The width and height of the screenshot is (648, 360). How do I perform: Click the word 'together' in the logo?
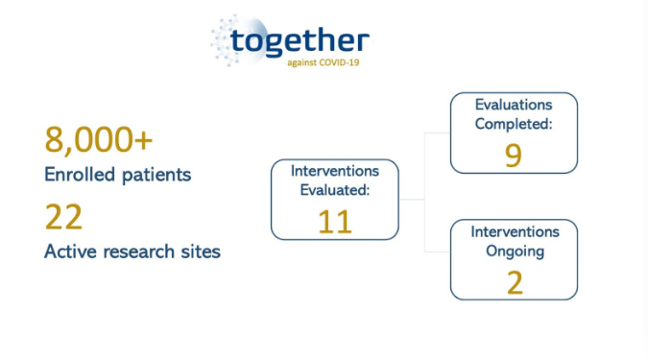click(x=300, y=39)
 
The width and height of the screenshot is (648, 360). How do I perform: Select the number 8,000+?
click(x=99, y=140)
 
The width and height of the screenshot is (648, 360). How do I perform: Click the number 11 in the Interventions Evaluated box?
click(x=334, y=221)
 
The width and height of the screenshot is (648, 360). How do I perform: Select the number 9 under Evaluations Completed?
click(x=513, y=156)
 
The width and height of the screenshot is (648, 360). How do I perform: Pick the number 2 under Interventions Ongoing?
click(x=514, y=283)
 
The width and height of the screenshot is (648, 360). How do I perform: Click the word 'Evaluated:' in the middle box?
click(x=335, y=190)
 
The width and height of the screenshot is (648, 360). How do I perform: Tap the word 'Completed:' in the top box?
click(x=514, y=124)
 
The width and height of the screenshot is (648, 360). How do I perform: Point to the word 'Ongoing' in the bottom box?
click(x=514, y=252)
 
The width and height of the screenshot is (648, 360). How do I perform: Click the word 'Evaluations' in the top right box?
click(x=514, y=105)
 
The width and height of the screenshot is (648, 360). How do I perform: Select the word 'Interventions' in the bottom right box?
click(x=514, y=233)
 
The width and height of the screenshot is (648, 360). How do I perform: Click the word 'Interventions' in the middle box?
click(x=335, y=171)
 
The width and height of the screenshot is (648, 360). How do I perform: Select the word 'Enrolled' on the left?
click(x=75, y=175)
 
